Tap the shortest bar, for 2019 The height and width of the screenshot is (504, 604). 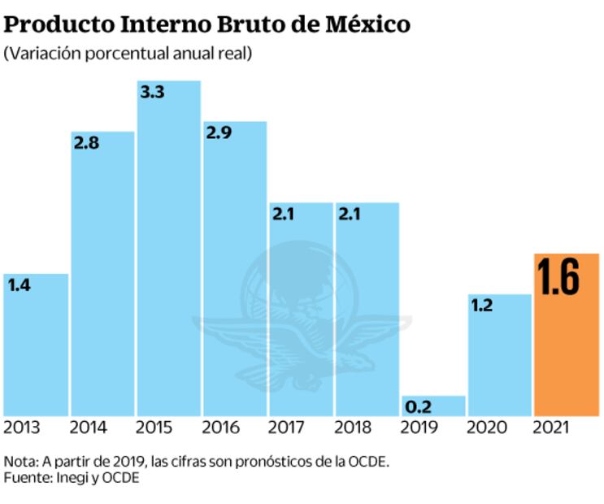click(x=433, y=406)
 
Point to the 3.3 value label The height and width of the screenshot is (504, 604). click(x=153, y=93)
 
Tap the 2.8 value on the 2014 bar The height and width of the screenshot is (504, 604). click(x=86, y=143)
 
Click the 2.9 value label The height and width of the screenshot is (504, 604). click(x=219, y=133)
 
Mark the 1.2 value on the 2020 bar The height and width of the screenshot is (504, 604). click(x=484, y=306)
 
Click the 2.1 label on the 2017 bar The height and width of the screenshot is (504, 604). click(x=285, y=215)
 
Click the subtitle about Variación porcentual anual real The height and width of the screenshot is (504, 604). click(x=128, y=54)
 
